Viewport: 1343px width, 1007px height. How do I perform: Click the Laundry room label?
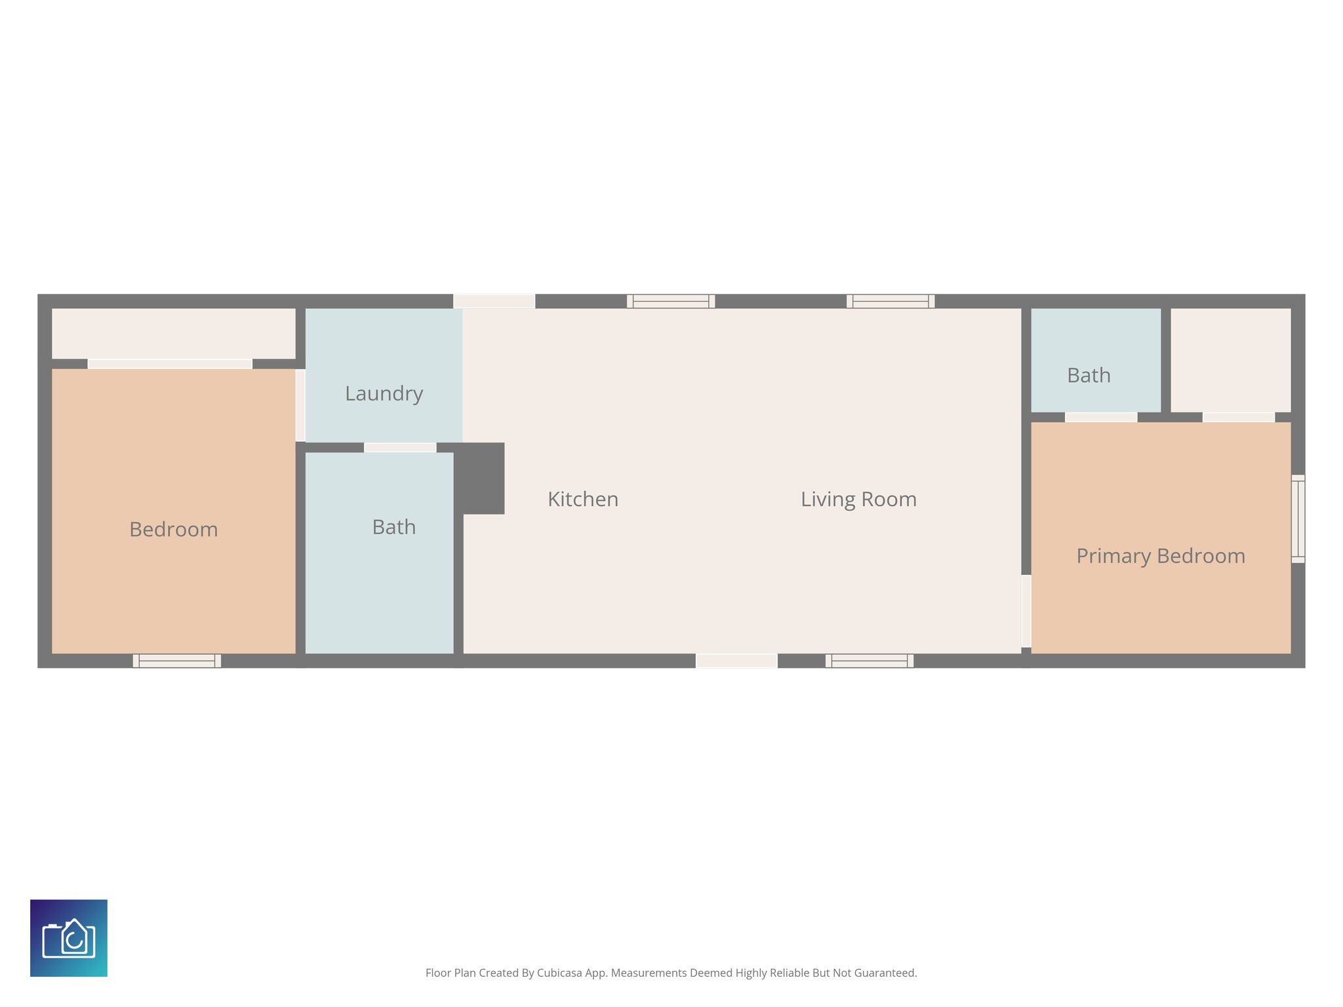coord(384,393)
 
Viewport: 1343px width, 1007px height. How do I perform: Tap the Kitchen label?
coord(583,500)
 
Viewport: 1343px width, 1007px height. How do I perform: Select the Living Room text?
coord(858,500)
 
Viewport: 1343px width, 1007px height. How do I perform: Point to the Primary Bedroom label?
coord(1160,556)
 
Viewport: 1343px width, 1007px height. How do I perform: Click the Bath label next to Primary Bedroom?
coord(1089,376)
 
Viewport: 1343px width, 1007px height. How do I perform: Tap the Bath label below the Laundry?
coord(393,527)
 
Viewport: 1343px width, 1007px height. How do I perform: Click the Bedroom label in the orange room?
coord(173,529)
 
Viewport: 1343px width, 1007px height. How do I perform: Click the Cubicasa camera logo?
coord(69,938)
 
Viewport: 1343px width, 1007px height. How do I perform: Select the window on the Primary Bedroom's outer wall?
coord(1298,519)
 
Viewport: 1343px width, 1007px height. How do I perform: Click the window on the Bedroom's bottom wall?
coord(177,661)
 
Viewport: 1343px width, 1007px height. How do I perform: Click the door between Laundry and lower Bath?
coord(400,448)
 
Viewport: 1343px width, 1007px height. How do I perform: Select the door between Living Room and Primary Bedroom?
coord(1026,611)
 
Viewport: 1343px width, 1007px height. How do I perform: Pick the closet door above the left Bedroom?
coord(170,364)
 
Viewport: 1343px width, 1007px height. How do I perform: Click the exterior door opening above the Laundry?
coord(494,302)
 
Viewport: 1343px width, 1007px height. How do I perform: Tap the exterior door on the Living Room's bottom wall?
coord(736,661)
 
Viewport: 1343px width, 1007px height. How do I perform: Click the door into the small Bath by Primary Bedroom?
coord(1101,417)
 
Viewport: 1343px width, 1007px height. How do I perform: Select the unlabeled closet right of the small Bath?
coord(1230,360)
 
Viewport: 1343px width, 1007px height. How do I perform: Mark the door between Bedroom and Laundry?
coord(300,405)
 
